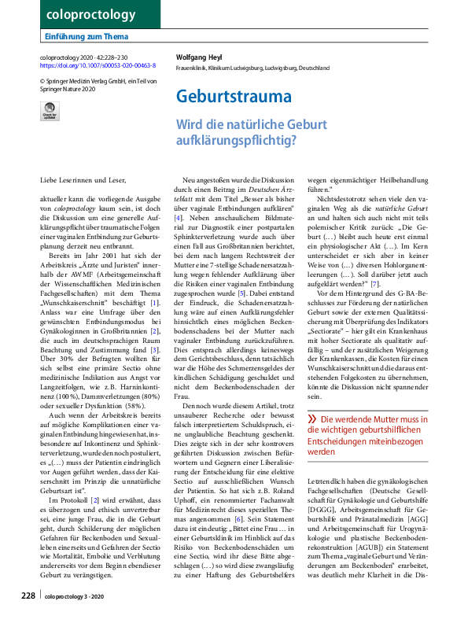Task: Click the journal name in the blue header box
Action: tap(80, 14)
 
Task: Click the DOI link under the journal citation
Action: tap(98, 65)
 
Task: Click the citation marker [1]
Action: tap(155, 258)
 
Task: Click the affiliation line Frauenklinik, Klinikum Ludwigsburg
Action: tap(252, 68)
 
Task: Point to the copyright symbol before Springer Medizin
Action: tap(42, 80)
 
